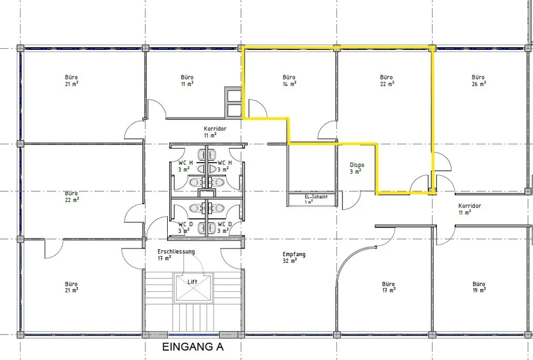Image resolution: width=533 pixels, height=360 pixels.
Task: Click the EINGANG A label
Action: point(193,347)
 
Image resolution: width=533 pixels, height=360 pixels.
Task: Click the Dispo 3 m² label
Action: point(356,168)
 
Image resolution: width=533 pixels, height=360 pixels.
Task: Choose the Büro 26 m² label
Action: point(478,80)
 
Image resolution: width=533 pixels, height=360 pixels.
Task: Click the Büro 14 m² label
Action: point(289,80)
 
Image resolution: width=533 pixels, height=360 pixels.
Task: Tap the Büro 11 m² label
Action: point(187,80)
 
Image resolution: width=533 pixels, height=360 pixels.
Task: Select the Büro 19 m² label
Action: point(479,287)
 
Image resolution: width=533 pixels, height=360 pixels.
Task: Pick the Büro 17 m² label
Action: point(388,287)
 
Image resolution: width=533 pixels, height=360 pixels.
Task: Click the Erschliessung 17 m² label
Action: point(176,255)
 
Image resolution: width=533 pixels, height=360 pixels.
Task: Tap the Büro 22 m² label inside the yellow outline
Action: point(386,80)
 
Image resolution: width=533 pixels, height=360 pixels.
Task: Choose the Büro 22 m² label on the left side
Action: point(72,196)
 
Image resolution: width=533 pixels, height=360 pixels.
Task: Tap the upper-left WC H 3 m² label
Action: point(185,166)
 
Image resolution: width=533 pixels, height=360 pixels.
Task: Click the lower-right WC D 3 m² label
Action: point(225,227)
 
